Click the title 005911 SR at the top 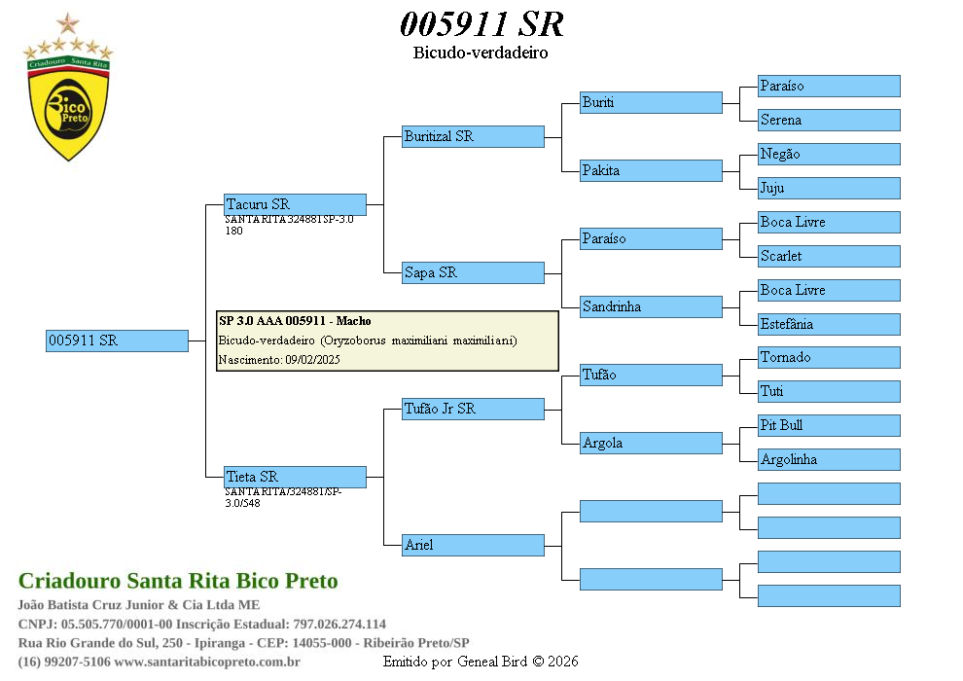tap(481, 23)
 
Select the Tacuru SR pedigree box tap(295, 204)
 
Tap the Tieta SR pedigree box tap(295, 477)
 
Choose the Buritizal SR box tap(473, 136)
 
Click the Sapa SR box tap(473, 272)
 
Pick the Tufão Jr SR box tap(473, 409)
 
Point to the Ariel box tap(473, 545)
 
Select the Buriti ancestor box tap(651, 102)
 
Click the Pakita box tap(651, 170)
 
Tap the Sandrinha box tap(651, 306)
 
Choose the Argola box tap(651, 443)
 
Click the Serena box tap(829, 120)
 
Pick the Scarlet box tap(829, 256)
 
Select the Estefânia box tap(829, 324)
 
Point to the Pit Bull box tap(829, 425)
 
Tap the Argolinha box tap(829, 459)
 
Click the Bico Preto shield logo tap(68, 107)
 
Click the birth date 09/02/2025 tap(312, 360)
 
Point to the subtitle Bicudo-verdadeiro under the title tap(481, 53)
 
